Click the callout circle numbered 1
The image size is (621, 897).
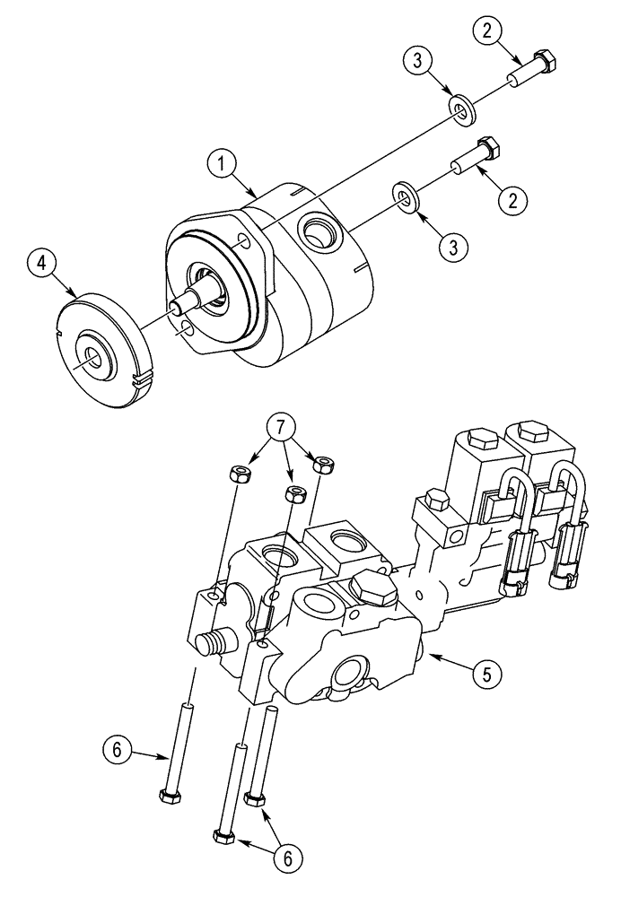pyautogui.click(x=222, y=163)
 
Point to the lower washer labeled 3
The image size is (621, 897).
pyautogui.click(x=405, y=196)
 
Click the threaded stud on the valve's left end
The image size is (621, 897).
pyautogui.click(x=211, y=642)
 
